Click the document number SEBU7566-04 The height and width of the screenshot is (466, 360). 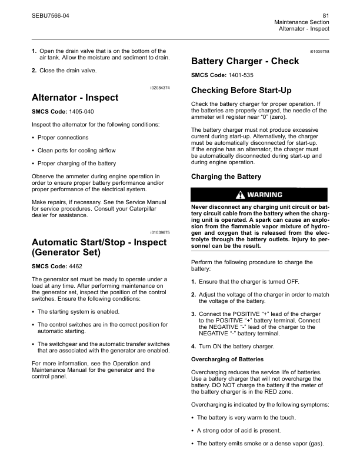50,15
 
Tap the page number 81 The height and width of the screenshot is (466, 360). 325,15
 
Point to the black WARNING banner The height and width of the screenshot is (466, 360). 259,195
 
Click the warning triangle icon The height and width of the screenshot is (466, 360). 240,195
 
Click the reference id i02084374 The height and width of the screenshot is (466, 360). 158,88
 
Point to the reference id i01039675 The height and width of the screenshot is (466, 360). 158,233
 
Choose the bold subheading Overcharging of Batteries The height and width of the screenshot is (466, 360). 226,359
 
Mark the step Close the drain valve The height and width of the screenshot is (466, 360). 68,71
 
